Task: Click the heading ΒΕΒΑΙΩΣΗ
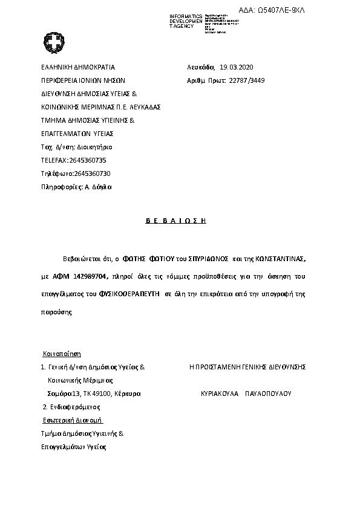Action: [x=176, y=221]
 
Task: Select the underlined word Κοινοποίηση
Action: [x=61, y=354]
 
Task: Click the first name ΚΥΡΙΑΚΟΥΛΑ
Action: [x=220, y=393]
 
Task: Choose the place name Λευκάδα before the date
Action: [x=201, y=67]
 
